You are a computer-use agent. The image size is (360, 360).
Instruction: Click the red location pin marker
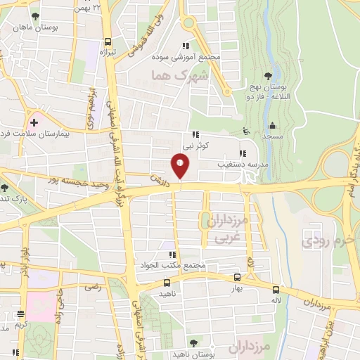tap(180, 166)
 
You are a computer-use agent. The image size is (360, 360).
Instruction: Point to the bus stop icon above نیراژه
tap(108, 41)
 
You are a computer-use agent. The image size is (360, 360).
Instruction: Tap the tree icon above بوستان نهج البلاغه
tap(267, 75)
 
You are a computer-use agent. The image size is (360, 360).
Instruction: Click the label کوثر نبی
tap(197, 146)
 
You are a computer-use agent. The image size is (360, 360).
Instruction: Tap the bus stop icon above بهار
tap(237, 278)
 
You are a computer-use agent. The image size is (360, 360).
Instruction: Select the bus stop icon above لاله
tap(276, 289)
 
